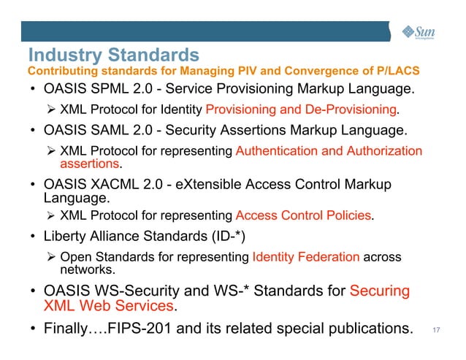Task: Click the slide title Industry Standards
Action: pyautogui.click(x=112, y=55)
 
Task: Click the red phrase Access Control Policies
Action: pyautogui.click(x=304, y=215)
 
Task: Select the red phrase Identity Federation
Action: pyautogui.click(x=305, y=256)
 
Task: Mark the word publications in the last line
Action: pyautogui.click(x=365, y=329)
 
